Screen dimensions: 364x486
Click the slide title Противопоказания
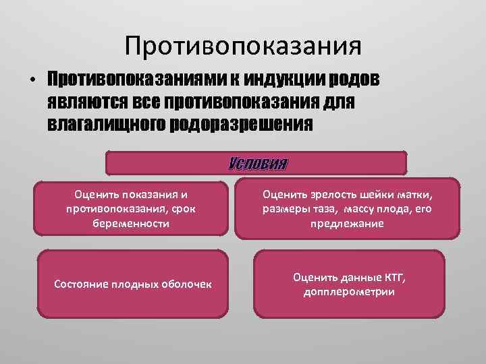click(243, 46)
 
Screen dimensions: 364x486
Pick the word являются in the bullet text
click(88, 102)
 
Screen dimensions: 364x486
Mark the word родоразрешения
click(244, 124)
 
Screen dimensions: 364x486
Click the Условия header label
click(257, 164)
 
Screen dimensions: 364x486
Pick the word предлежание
click(348, 223)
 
